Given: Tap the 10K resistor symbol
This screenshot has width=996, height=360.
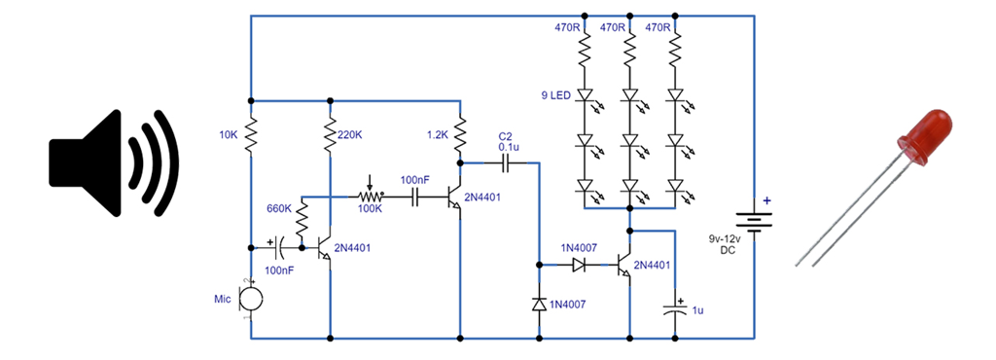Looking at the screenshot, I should [251, 136].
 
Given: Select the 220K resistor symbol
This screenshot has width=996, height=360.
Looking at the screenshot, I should [332, 137].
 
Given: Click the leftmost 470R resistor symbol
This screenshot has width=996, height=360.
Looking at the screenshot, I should [586, 53].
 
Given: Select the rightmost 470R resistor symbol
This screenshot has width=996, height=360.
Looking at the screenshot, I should [674, 53].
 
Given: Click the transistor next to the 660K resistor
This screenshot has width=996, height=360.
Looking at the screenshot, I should [326, 248].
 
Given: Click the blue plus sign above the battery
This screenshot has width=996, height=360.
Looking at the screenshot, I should [766, 201].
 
